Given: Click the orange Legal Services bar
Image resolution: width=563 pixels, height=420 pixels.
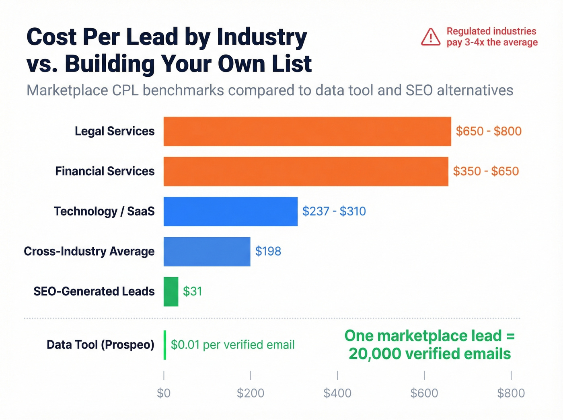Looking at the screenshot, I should coord(307,131).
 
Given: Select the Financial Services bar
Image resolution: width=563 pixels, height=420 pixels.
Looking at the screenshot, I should coord(306,172).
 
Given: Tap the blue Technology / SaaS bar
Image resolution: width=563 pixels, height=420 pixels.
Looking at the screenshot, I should coord(230,211).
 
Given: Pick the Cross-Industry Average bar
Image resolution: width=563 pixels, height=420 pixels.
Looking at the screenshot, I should coord(207,252).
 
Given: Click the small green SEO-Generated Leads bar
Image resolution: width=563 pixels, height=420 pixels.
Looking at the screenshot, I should coord(171,292).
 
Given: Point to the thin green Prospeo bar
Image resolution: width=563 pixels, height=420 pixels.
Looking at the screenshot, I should coord(165,345).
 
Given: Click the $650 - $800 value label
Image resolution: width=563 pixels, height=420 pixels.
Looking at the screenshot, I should coord(489,131).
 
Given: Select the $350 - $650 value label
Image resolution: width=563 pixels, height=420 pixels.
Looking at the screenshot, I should coord(486,172).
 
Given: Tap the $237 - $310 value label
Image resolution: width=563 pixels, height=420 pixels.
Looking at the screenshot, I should coord(334,211).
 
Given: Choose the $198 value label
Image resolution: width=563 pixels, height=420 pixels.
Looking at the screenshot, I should coord(268,252).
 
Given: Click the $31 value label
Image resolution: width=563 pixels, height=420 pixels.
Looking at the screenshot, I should coord(192,291).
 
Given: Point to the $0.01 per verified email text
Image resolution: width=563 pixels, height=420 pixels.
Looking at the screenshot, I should coord(232,345).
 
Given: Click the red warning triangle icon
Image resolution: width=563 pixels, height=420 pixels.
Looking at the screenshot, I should coord(431,37).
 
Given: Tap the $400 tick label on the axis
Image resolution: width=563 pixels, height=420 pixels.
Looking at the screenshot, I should coord(337,393).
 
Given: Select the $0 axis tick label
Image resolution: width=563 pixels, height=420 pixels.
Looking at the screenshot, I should coord(164,393).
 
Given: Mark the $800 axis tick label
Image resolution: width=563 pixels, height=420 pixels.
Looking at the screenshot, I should coord(511,393).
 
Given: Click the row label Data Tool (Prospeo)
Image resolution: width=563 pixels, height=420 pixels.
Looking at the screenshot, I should coord(100,345).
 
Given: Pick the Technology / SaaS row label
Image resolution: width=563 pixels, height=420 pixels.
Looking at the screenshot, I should coord(104,211).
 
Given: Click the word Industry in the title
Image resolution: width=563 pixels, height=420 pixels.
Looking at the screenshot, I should coord(262,37).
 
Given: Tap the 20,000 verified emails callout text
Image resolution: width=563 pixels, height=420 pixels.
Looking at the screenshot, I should coord(429,354).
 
